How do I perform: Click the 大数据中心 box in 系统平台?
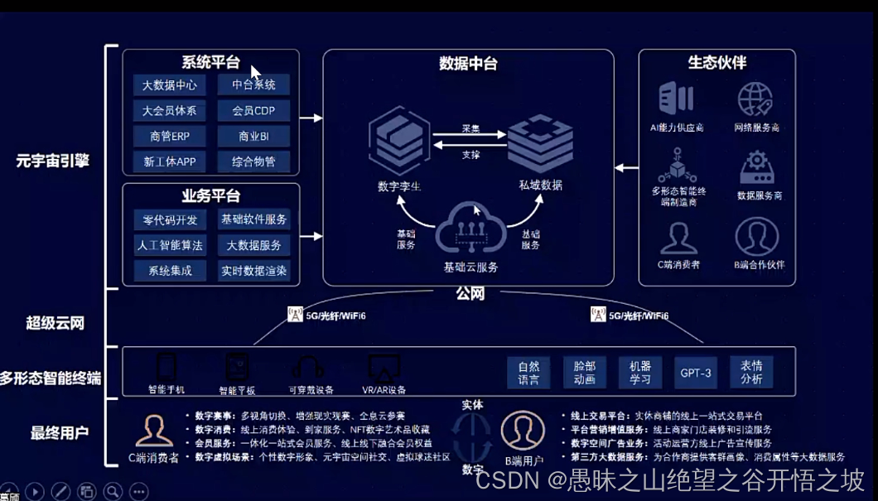(170, 85)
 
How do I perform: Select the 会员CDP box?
(254, 111)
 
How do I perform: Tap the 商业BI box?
(254, 136)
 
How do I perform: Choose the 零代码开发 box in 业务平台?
(170, 219)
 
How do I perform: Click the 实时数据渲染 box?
(254, 271)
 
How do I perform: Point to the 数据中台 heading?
(468, 64)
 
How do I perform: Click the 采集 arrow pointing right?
(470, 137)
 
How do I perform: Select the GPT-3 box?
(695, 373)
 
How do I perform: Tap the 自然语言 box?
(528, 373)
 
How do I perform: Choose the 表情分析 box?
(751, 373)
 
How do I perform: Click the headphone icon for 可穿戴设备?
(309, 368)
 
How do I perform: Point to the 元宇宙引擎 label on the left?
(52, 161)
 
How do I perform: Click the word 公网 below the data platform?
(470, 293)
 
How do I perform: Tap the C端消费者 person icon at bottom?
(154, 431)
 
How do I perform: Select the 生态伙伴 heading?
(717, 63)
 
